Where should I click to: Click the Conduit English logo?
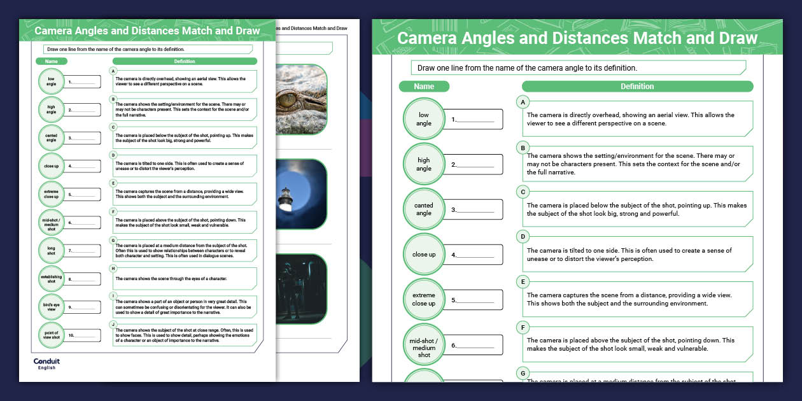[x=46, y=363]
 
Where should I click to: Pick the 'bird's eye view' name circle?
[x=51, y=307]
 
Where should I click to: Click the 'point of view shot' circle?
[x=51, y=335]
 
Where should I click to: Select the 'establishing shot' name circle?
[x=51, y=279]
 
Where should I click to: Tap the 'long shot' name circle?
[x=51, y=251]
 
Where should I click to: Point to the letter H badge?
[x=113, y=269]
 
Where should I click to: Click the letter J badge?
[x=113, y=324]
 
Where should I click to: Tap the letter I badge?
[x=113, y=296]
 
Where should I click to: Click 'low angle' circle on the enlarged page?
[x=424, y=119]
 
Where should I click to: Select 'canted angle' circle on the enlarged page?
[x=424, y=209]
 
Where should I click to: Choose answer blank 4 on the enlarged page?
[x=474, y=255]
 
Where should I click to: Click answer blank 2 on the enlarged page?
[x=474, y=164]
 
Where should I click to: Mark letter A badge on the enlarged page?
[x=523, y=102]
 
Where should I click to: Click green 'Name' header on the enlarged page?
[x=424, y=87]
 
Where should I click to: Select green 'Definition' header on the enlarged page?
[x=637, y=87]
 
